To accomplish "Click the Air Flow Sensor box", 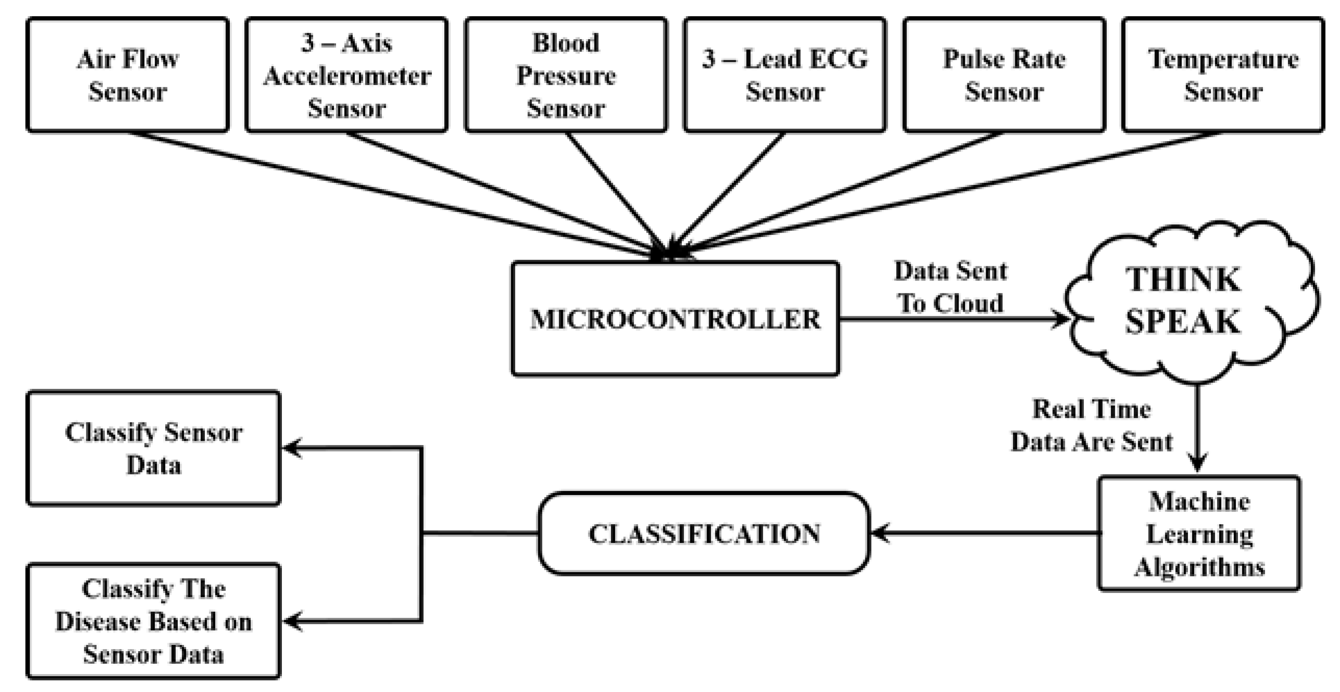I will pos(127,74).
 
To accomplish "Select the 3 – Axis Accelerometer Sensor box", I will pos(346,74).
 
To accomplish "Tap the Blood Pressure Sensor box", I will pos(566,74).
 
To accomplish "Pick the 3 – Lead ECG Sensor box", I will pos(785,74).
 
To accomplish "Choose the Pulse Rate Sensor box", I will pos(1004,74).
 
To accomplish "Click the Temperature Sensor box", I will pos(1223,74).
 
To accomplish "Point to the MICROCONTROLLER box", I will pos(675,319).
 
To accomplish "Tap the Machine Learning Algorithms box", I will pos(1199,533).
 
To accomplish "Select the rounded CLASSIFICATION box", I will pos(704,533).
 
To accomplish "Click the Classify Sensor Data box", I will pos(154,448).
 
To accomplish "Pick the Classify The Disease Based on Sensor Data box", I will pos(154,621).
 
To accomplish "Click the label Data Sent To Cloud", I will pos(950,287).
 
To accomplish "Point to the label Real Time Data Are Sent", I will pos(1091,425).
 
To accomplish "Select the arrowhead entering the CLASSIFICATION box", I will pos(879,533).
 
